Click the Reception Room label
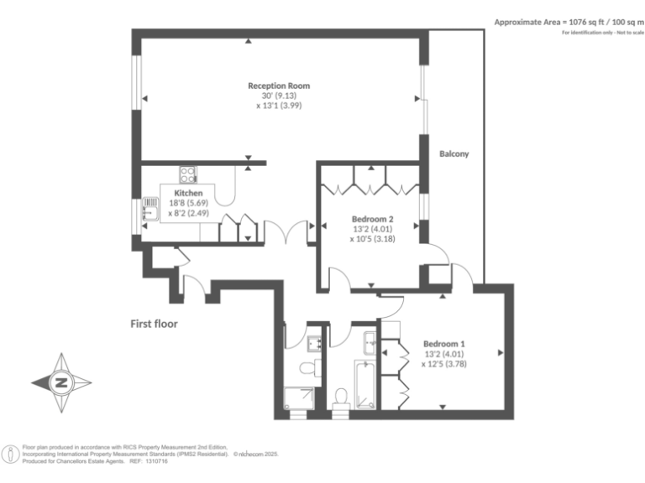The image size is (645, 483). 279,86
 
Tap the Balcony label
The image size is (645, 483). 454,154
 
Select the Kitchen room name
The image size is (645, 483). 188,193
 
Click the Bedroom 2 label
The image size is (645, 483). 373,220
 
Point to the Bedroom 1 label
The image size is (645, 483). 444,344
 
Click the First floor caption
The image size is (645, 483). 154,324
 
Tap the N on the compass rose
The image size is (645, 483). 61,382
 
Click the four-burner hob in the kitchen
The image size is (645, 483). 188,174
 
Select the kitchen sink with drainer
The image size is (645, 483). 150,209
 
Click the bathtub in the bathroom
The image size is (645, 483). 364,385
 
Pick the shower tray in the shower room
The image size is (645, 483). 299,398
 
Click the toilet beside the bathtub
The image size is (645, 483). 341,399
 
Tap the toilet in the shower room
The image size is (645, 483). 311,368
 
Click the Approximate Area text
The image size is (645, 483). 569,23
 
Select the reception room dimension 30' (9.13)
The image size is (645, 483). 279,96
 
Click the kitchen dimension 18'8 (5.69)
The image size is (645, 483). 188,203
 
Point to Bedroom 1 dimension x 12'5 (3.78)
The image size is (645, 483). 444,364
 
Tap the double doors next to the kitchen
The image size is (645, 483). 286,232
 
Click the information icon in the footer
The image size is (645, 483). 11,454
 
